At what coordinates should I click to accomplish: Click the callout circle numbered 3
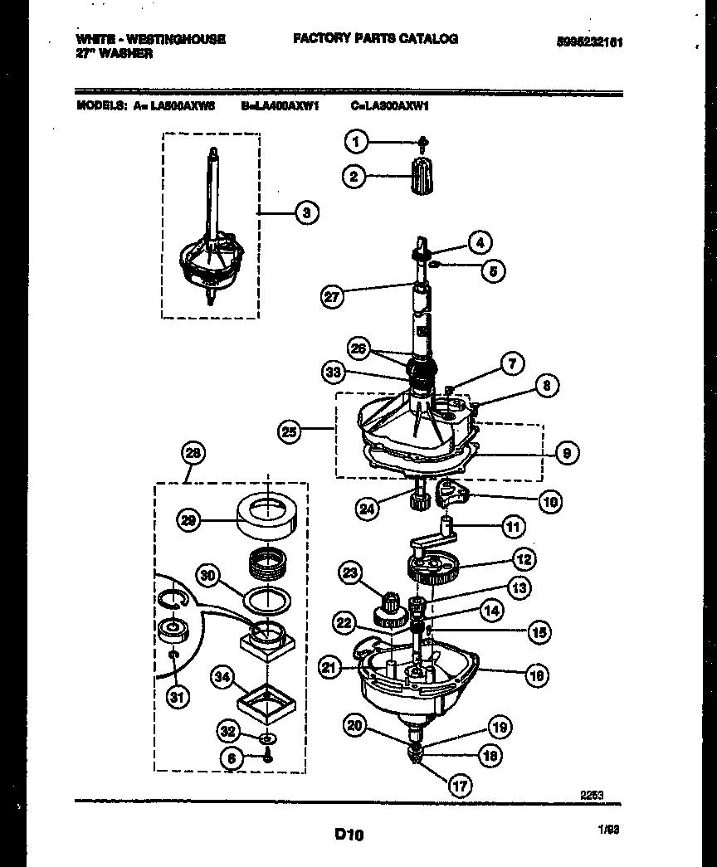306,213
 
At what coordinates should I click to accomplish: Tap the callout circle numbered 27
333,297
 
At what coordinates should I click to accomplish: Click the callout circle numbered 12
524,559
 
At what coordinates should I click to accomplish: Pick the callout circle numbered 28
193,454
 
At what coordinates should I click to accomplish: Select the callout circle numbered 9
566,452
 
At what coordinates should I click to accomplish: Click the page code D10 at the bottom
349,835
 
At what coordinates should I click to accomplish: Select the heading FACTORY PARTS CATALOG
374,39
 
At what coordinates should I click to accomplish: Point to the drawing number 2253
590,794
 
